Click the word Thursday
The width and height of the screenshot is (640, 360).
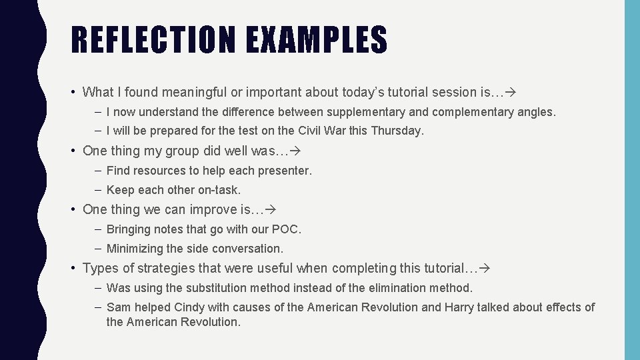(x=397, y=131)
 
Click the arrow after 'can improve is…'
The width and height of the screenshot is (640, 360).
(x=271, y=210)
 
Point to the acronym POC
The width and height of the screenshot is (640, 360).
(x=288, y=229)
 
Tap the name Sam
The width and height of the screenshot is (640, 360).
(x=119, y=307)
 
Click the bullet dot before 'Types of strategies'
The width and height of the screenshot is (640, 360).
(x=73, y=269)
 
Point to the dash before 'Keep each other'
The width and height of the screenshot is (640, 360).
(x=97, y=191)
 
